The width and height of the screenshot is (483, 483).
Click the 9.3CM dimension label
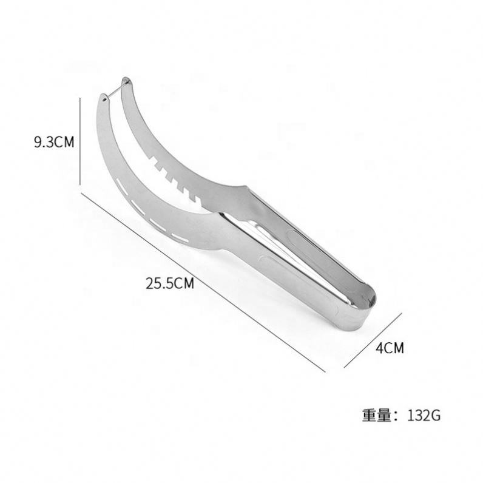[54, 143]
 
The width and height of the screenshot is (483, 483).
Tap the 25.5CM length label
[170, 283]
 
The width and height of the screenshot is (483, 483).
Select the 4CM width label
[390, 348]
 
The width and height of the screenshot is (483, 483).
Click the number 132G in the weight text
[424, 416]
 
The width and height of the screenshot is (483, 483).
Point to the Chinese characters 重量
[376, 416]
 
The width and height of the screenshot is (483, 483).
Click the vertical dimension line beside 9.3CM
[80, 141]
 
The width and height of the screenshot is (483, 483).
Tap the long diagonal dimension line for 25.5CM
[203, 282]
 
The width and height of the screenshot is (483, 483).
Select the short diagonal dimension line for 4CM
[373, 340]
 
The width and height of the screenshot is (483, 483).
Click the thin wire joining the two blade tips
[115, 89]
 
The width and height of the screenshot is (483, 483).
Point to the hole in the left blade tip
[104, 99]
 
